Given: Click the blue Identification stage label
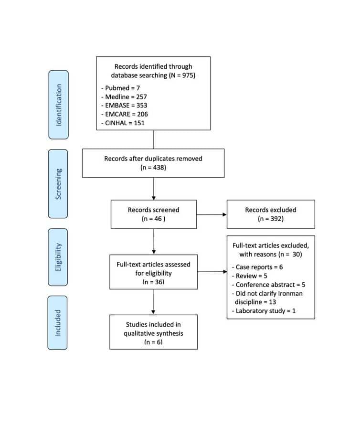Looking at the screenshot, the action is pos(59,105).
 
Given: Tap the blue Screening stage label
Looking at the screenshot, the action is pos(58,184).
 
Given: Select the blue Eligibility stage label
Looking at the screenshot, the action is pos(58,257).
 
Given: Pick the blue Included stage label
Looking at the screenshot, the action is pos(57,323).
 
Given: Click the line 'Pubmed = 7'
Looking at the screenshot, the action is pos(121,88).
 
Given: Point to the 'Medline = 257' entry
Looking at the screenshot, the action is pos(124,96).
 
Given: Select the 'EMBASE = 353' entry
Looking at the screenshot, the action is pos(124,106).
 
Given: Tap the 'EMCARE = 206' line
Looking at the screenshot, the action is pos(125,114).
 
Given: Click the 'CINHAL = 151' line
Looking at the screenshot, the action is pos(123,123).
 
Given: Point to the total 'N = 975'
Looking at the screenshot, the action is pos(182,75).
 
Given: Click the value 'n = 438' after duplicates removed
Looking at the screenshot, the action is pos(153,167).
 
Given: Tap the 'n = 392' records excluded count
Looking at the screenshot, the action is pos(271,219).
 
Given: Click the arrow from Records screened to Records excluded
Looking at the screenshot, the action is pos(212,214).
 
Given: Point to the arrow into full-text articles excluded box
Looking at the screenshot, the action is pos(212,271).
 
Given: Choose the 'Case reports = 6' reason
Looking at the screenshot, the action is pos(257,267).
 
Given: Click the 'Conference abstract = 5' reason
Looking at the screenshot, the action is pos(268,285).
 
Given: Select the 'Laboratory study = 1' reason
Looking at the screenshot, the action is pos(264,311).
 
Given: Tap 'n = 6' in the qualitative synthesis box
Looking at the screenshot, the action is pos(154,342).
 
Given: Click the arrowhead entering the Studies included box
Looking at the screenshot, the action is pos(153,312).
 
